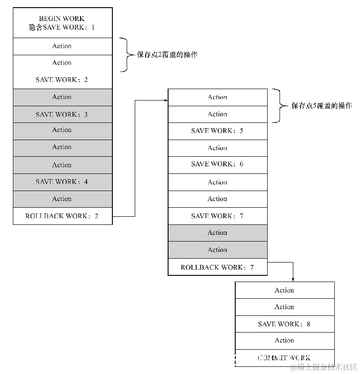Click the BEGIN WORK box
click(x=62, y=22)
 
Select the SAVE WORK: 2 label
click(x=62, y=80)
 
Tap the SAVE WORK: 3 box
click(x=62, y=114)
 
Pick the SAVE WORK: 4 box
click(x=62, y=182)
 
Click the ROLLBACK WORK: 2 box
click(x=62, y=216)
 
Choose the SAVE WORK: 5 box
click(x=218, y=131)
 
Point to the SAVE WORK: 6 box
click(x=218, y=164)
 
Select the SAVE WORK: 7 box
click(x=218, y=216)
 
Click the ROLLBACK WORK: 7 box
click(x=218, y=267)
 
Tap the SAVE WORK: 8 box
click(x=284, y=324)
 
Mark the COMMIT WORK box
click(x=284, y=358)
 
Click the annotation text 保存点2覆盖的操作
click(x=167, y=55)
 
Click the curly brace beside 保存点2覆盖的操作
click(x=126, y=55)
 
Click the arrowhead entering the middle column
click(x=166, y=101)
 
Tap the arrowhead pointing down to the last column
click(x=292, y=279)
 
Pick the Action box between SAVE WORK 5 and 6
click(x=218, y=148)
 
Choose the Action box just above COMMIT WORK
click(x=284, y=340)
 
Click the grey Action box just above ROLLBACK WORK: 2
click(x=62, y=199)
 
